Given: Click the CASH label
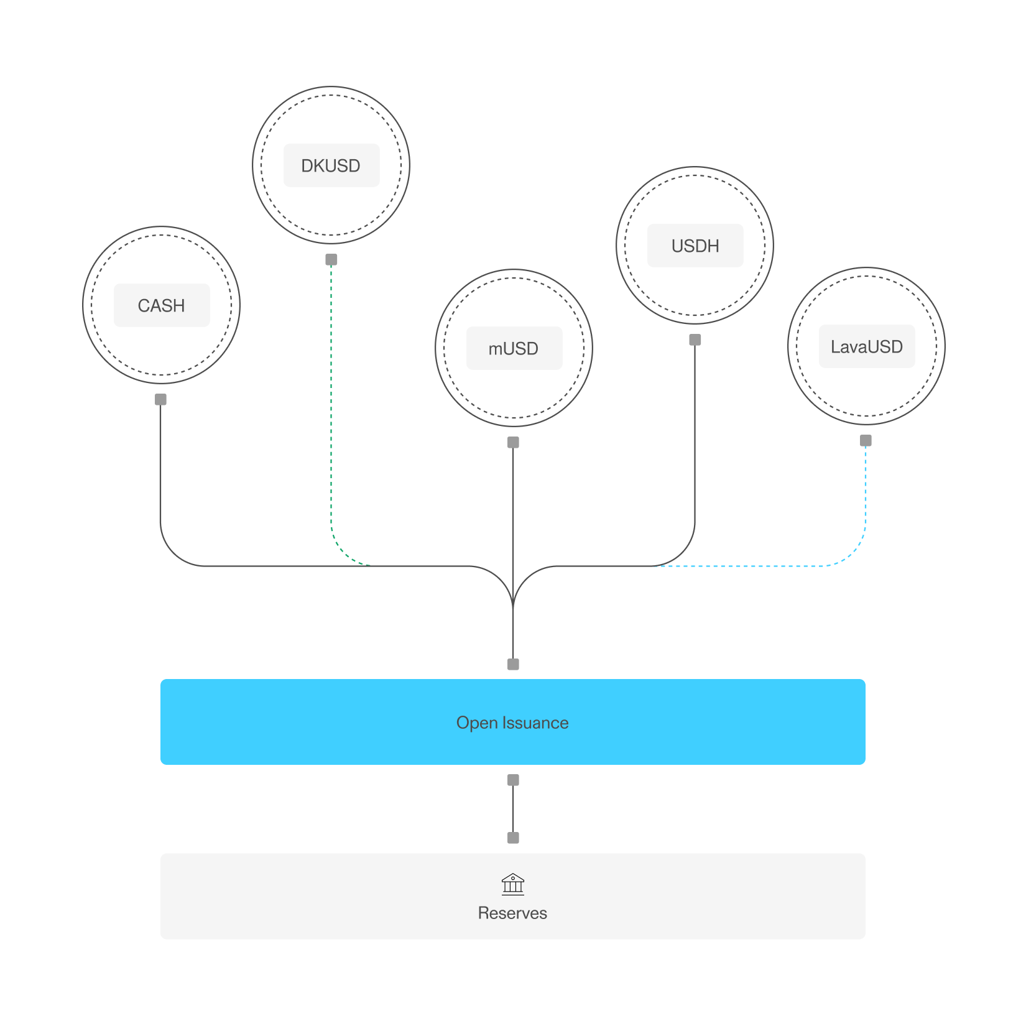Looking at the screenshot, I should point(162,305).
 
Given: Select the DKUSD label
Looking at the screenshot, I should point(331,165).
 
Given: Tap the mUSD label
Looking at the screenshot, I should point(514,348).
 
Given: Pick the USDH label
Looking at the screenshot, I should point(695,246).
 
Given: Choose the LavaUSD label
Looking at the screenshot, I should point(866,346).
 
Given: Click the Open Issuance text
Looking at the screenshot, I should point(512,723).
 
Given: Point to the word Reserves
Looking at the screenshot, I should point(512,913).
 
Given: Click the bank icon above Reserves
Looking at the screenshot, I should point(513,884).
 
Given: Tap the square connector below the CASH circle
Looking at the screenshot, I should point(160,399).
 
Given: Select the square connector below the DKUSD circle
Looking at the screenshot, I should point(331,259).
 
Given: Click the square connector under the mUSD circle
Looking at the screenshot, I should point(513,442).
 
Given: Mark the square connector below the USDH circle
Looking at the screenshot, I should point(695,340).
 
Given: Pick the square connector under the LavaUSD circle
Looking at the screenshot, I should point(866,440).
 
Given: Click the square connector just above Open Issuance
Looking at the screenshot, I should point(513,664).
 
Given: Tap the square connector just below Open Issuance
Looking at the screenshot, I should point(513,780).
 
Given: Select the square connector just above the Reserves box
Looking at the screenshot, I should point(513,838).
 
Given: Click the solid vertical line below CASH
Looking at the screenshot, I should point(160,466).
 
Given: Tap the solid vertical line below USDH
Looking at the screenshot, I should point(695,435).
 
